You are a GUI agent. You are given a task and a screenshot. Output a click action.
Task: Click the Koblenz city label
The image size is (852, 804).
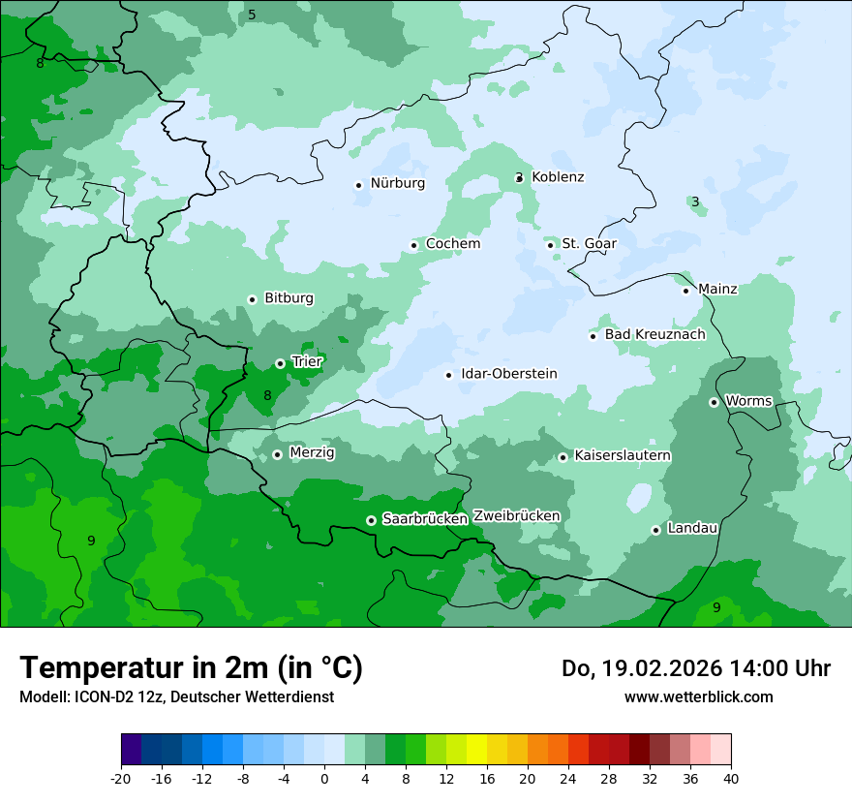558,177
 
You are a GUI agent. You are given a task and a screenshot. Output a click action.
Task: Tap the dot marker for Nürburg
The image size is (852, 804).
358,185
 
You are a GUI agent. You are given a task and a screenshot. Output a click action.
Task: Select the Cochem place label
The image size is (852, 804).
452,244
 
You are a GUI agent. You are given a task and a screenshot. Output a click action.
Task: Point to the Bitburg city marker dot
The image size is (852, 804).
252,299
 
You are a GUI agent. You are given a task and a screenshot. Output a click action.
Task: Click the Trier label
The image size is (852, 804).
307,362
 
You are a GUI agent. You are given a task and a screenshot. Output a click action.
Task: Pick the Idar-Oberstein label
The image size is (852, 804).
508,374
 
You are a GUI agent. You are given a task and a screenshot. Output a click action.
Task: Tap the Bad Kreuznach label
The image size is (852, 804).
654,334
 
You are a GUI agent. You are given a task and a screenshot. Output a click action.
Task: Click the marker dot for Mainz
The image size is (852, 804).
685,291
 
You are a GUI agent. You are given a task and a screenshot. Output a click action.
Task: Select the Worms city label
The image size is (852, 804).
748,401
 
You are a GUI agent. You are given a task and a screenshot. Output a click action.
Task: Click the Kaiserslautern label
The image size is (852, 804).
623,455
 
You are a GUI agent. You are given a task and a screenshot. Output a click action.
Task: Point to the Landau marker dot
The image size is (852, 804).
655,530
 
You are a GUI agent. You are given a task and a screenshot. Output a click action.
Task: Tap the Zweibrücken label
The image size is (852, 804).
516,516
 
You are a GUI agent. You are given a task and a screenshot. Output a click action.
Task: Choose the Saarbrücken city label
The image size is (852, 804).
425,519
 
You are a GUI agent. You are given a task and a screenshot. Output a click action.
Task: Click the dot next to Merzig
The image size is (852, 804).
277,454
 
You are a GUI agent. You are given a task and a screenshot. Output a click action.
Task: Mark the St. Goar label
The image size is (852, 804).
589,244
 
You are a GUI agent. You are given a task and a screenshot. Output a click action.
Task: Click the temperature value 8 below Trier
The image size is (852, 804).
267,395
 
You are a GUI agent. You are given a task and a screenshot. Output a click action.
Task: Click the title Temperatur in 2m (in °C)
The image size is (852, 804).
191,667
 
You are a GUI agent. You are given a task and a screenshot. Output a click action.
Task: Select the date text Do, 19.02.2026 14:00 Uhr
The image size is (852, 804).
695,668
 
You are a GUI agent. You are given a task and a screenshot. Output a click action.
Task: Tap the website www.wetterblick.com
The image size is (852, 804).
698,696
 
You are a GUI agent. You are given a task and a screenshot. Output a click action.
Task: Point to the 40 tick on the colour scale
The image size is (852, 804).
730,778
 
